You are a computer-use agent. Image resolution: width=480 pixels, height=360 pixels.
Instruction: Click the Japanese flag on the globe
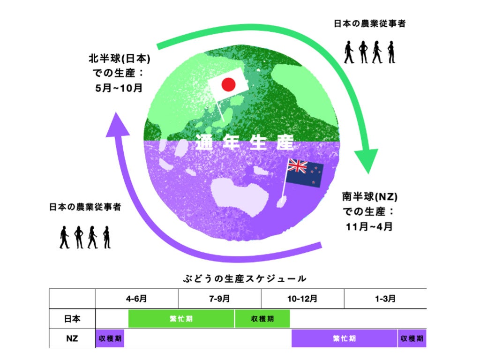[x=227, y=84]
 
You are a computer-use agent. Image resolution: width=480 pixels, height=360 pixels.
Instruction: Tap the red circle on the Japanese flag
[x=228, y=84]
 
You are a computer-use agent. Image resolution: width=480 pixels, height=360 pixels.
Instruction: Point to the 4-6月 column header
[x=136, y=298]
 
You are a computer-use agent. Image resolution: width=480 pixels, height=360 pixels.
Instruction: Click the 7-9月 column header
[x=219, y=298]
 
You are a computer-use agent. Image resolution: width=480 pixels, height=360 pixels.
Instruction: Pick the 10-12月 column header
[x=302, y=298]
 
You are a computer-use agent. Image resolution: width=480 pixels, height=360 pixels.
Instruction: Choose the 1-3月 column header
[x=385, y=298]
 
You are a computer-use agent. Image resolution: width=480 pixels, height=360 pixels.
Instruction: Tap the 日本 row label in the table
[x=72, y=319]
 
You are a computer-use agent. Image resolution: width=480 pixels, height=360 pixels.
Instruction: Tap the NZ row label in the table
[x=72, y=338]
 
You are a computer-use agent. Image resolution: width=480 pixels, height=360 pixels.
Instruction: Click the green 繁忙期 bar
[x=181, y=319]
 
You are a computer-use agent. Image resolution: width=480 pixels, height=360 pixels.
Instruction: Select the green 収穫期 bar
[x=262, y=319]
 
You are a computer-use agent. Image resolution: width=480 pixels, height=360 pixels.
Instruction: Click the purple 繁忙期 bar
[x=344, y=338]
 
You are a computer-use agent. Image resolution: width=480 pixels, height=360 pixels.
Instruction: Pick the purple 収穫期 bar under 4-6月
[x=110, y=338]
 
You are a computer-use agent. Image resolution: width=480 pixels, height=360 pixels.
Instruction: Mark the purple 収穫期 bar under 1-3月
[x=412, y=338]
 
